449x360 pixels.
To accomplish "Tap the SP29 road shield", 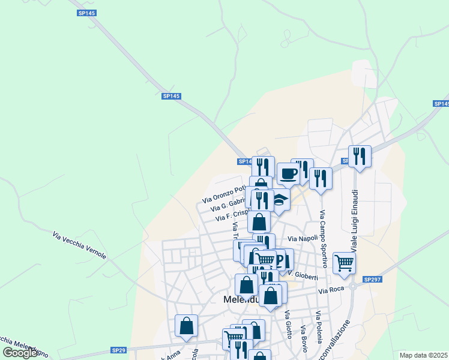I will click(119, 350).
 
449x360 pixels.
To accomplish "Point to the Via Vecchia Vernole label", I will click(79, 246).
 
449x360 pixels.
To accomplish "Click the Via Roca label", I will click(331, 290).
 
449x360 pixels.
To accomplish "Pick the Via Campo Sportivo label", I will click(324, 239).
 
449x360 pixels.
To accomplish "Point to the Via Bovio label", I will click(304, 340).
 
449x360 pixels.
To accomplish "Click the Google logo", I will click(20, 353).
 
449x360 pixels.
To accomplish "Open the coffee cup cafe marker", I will click(288, 173).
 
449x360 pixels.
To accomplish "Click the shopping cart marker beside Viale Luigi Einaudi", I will click(344, 262).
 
